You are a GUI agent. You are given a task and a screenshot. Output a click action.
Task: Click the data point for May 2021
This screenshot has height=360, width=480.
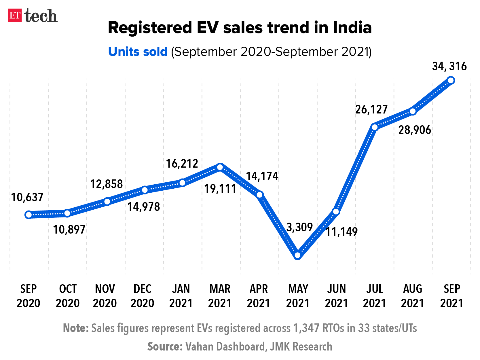(x=298, y=255)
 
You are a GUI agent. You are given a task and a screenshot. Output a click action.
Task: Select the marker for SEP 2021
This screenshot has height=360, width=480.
(x=451, y=80)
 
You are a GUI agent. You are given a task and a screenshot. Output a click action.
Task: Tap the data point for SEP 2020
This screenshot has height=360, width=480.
(x=29, y=215)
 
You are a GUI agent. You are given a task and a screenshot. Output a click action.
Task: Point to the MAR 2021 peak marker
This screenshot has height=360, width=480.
(x=220, y=167)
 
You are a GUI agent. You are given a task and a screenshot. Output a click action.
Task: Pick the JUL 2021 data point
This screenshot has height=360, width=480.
(x=374, y=127)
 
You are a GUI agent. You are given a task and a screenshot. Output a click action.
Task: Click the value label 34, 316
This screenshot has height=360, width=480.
(x=449, y=67)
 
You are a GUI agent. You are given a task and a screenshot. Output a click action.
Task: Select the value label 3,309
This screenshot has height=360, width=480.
(x=299, y=227)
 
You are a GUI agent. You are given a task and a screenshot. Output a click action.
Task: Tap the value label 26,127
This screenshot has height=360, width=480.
(x=371, y=110)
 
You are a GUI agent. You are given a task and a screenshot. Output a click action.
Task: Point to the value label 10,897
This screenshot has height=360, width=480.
(x=69, y=230)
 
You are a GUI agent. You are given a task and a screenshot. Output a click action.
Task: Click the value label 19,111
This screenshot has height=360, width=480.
(x=220, y=189)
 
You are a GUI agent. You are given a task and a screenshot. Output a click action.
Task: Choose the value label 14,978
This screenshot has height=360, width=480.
(x=144, y=207)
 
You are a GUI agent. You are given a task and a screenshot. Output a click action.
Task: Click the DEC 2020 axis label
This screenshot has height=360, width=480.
(x=143, y=296)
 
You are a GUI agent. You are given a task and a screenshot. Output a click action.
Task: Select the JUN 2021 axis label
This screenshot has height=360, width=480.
(x=336, y=296)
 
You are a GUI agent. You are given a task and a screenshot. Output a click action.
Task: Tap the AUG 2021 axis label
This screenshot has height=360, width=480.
(x=413, y=296)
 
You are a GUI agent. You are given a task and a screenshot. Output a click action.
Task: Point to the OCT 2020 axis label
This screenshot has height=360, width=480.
(x=68, y=296)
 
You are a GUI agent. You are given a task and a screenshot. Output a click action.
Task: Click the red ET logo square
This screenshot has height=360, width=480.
(x=15, y=16)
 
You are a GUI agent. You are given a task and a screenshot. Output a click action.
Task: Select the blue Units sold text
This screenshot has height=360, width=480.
(x=138, y=52)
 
